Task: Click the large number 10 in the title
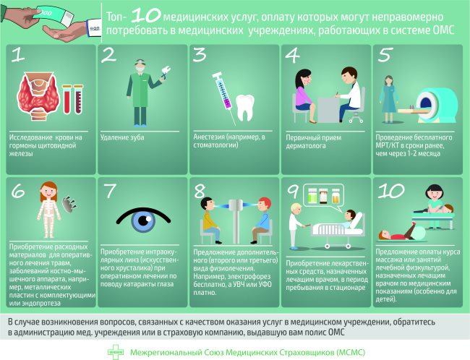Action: click(145, 16)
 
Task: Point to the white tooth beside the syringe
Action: click(245, 107)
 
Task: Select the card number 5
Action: click(385, 55)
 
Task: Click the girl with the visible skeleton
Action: click(48, 209)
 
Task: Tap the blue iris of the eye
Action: click(143, 221)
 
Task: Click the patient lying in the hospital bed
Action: click(350, 218)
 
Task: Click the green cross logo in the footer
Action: click(116, 352)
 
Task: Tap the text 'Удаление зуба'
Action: click(122, 137)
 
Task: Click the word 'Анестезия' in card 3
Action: click(209, 137)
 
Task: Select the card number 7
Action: click(110, 191)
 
